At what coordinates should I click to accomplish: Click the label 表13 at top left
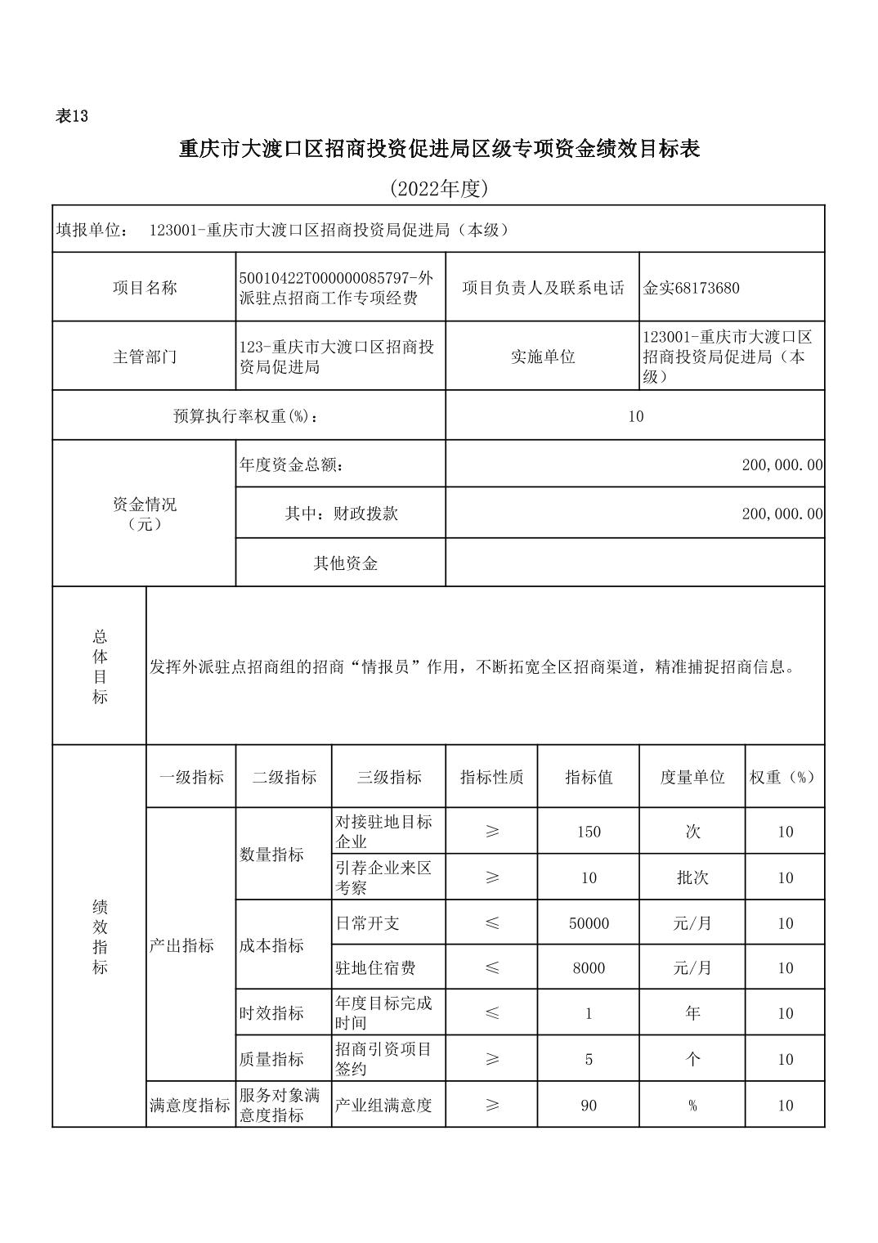tap(71, 116)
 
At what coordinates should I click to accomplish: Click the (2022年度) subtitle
tap(438, 189)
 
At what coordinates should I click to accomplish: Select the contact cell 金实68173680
tap(692, 288)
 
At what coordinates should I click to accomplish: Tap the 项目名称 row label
tap(145, 288)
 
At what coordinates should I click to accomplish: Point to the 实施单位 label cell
tap(543, 357)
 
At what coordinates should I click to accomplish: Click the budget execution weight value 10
tap(635, 416)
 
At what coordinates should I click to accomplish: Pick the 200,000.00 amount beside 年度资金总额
tap(782, 465)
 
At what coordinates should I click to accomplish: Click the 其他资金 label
tap(346, 563)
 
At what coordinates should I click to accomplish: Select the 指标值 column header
tap(589, 778)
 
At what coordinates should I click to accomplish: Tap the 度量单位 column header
tap(692, 778)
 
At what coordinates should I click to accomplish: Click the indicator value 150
tap(589, 832)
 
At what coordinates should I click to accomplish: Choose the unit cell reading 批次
tap(692, 877)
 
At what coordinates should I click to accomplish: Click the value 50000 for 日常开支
tap(589, 923)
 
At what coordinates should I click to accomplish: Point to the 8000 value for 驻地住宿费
tap(589, 968)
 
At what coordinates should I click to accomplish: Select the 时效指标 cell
tap(271, 1013)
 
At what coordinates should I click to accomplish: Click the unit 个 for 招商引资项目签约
tap(692, 1060)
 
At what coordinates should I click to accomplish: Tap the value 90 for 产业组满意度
tap(589, 1106)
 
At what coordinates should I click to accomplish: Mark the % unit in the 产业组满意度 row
tap(692, 1106)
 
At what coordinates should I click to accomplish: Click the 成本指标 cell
tap(271, 945)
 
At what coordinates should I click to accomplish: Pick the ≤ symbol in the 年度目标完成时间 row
tap(492, 1013)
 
